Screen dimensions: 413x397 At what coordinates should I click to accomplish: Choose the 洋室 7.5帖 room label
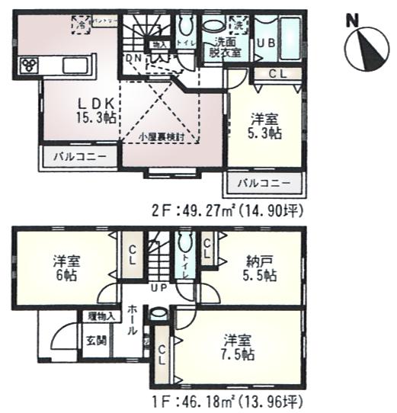(238, 348)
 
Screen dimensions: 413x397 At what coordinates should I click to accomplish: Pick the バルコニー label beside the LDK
(79, 158)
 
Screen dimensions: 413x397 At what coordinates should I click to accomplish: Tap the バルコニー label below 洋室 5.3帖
(263, 184)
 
